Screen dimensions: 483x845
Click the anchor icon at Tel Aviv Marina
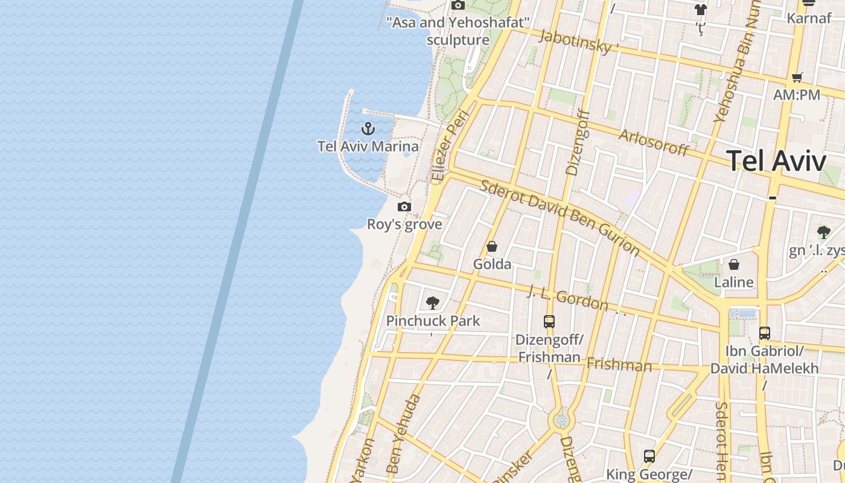coord(368,129)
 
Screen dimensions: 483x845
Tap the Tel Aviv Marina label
coord(368,147)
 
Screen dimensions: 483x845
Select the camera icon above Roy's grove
coord(404,207)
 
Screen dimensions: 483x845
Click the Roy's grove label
coord(405,225)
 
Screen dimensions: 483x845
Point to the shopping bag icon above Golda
coord(492,246)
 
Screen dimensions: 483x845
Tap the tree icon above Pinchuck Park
coord(432,302)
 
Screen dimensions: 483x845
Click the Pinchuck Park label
coord(433,321)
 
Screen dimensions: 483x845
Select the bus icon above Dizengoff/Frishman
coord(549,322)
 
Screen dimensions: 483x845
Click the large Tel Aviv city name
coord(776,161)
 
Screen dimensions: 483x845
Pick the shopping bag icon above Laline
coord(734,264)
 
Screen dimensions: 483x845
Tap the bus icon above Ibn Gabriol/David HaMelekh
coord(765,333)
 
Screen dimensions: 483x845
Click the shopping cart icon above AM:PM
coord(797,77)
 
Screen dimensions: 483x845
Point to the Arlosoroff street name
coord(654,142)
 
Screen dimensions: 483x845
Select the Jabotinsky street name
coord(579,41)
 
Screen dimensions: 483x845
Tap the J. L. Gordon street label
coord(567,298)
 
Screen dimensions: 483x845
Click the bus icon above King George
coord(649,456)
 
